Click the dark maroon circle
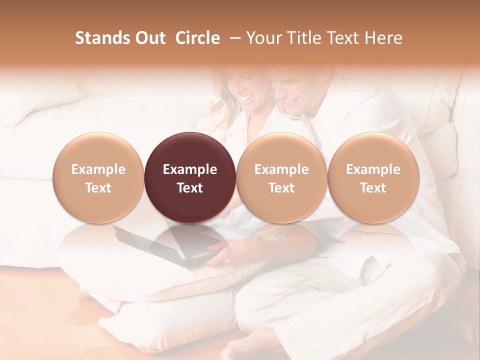click(190, 177)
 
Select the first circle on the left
click(98, 177)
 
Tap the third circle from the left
click(281, 177)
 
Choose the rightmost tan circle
click(373, 177)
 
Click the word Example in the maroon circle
click(190, 169)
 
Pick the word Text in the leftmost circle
click(98, 188)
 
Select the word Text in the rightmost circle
click(373, 188)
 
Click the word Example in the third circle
click(281, 169)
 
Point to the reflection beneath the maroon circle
click(190, 240)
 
